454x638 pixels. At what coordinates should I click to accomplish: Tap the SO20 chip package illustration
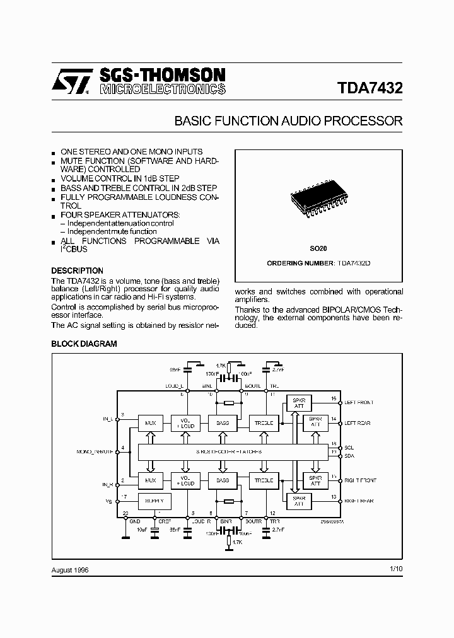pos(318,199)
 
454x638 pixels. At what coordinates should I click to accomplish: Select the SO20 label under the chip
pos(318,248)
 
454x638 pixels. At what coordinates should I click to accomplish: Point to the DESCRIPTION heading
pos(77,270)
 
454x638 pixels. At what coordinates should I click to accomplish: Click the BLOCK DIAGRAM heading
pos(84,344)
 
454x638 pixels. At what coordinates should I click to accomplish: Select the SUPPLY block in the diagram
pos(151,502)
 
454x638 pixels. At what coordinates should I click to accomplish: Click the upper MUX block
pos(151,423)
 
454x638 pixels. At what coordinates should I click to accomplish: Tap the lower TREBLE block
pos(263,480)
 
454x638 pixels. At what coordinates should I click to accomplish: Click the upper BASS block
pos(223,423)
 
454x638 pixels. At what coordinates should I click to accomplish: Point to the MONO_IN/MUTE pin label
pos(95,451)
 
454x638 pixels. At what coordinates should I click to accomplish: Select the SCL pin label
pos(349,447)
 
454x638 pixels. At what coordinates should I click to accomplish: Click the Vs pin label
pos(107,502)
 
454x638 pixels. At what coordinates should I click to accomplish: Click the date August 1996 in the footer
pos(71,569)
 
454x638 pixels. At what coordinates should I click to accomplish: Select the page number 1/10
pos(395,569)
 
